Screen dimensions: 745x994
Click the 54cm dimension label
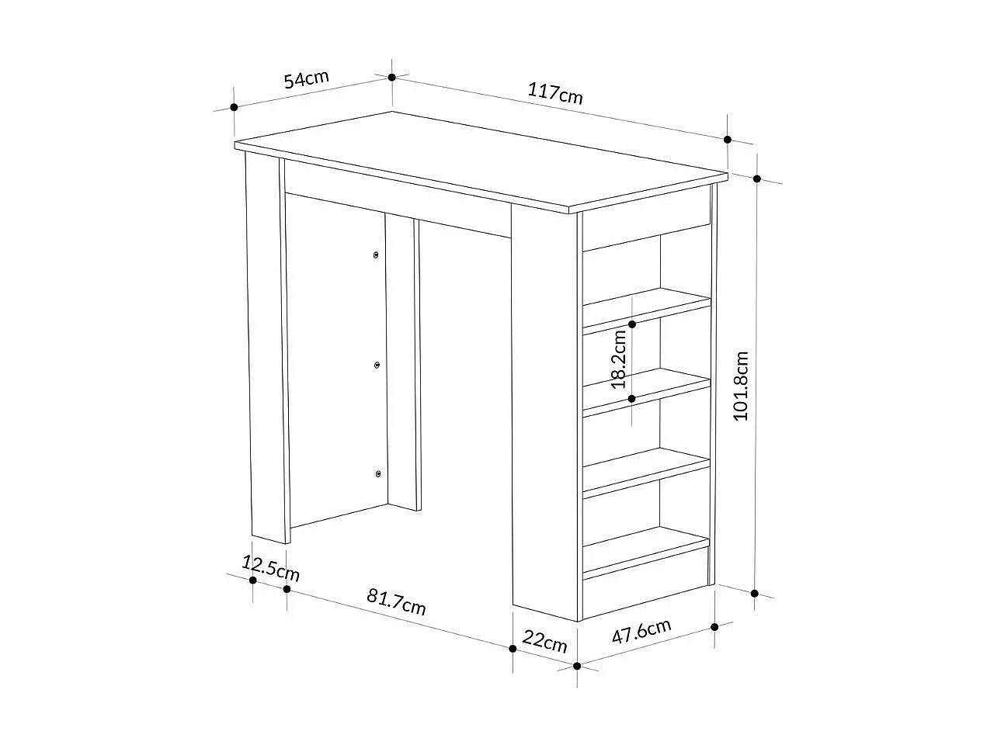[x=306, y=79]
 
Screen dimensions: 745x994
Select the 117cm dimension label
[x=555, y=94]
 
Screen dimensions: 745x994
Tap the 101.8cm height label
[x=742, y=386]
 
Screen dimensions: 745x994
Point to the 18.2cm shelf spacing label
[x=619, y=359]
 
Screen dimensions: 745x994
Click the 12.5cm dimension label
[x=270, y=568]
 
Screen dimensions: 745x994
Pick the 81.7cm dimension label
[x=396, y=601]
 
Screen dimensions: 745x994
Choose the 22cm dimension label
[x=544, y=641]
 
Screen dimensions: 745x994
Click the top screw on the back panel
[x=377, y=255]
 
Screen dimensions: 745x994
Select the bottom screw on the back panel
[x=377, y=473]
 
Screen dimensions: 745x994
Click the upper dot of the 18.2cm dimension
[x=633, y=324]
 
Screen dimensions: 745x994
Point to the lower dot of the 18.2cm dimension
[x=632, y=399]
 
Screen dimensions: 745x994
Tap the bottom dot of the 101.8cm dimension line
[x=755, y=594]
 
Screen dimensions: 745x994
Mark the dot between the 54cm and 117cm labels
[x=392, y=77]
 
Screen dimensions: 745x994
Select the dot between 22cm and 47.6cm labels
[x=577, y=665]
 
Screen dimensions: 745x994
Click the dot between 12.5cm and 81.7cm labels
[x=287, y=589]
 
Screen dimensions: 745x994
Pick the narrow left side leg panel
[x=265, y=345]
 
